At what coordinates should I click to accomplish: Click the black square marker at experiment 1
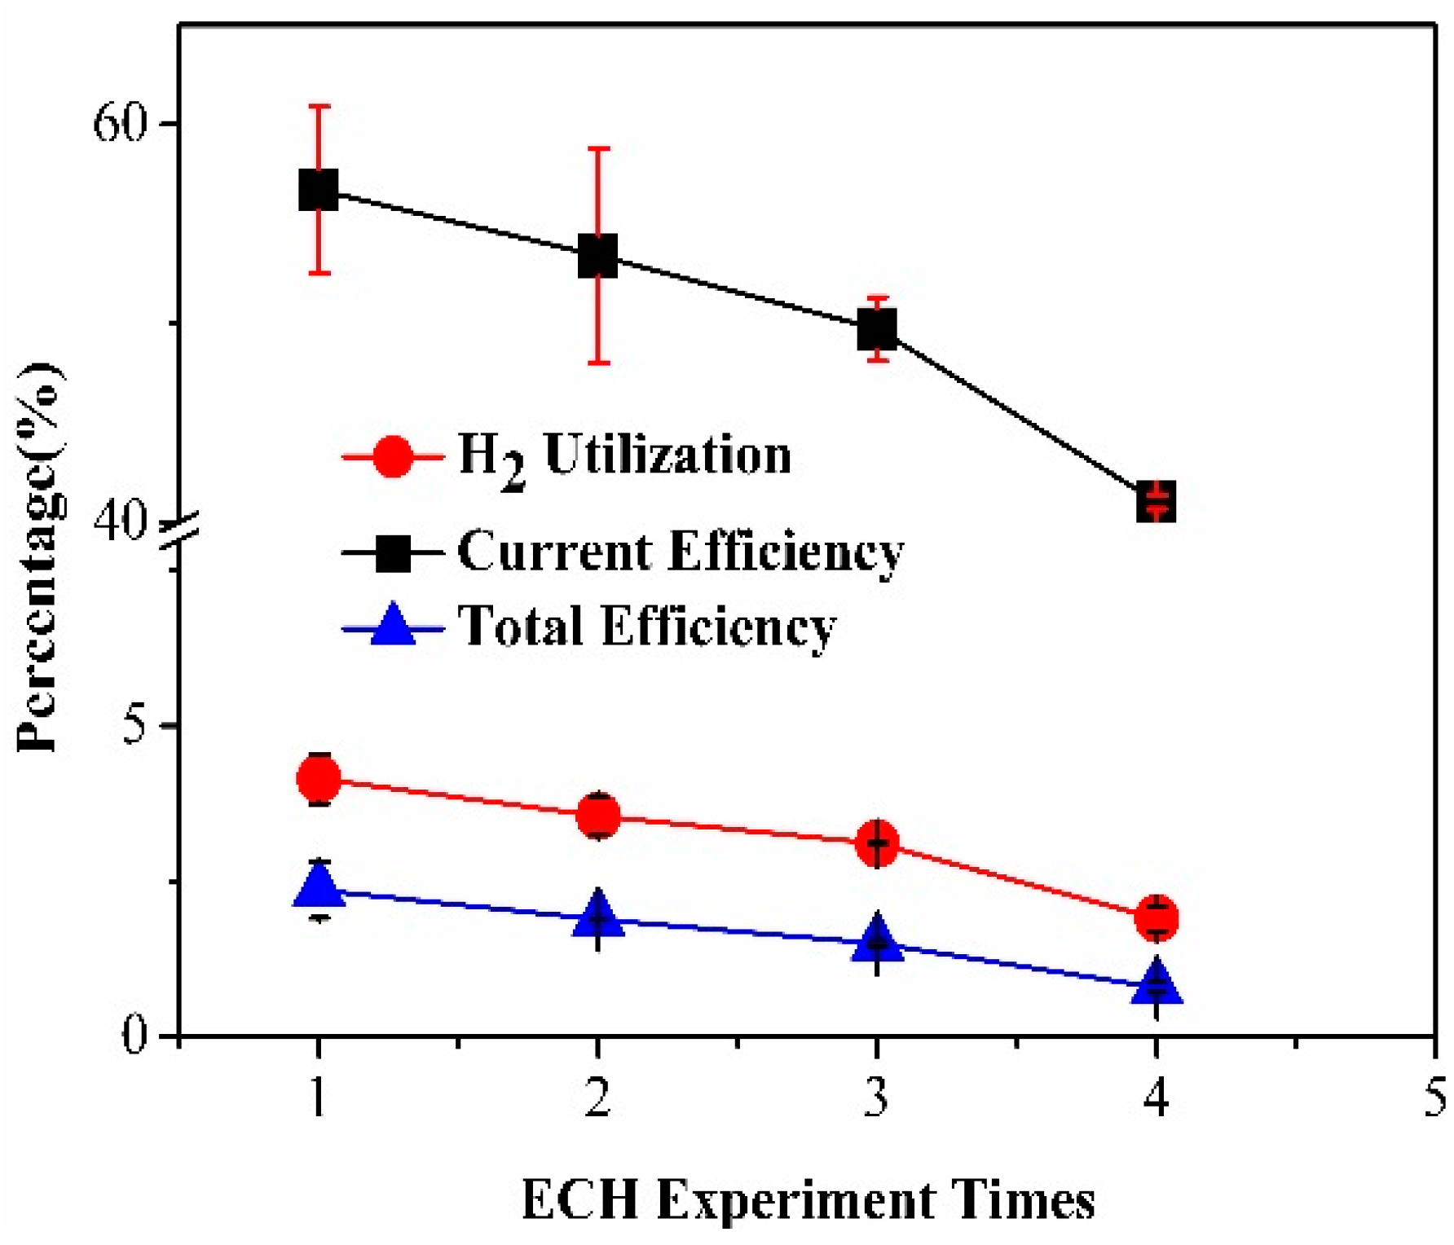[x=318, y=190]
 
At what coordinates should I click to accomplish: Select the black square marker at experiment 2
[x=597, y=257]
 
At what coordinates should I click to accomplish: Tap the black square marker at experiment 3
[x=877, y=329]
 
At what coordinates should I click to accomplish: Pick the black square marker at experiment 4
[x=1156, y=500]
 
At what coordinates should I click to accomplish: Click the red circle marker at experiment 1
[x=318, y=778]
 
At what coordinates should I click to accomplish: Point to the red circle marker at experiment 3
[x=877, y=842]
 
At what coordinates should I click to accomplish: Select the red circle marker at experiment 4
[x=1156, y=917]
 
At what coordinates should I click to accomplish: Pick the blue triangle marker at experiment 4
[x=1156, y=982]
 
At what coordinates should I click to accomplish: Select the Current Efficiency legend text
[x=680, y=552]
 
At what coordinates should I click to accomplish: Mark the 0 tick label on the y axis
[x=137, y=1036]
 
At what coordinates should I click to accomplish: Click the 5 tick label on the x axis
[x=1434, y=1098]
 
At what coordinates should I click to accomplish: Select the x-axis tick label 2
[x=597, y=1098]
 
